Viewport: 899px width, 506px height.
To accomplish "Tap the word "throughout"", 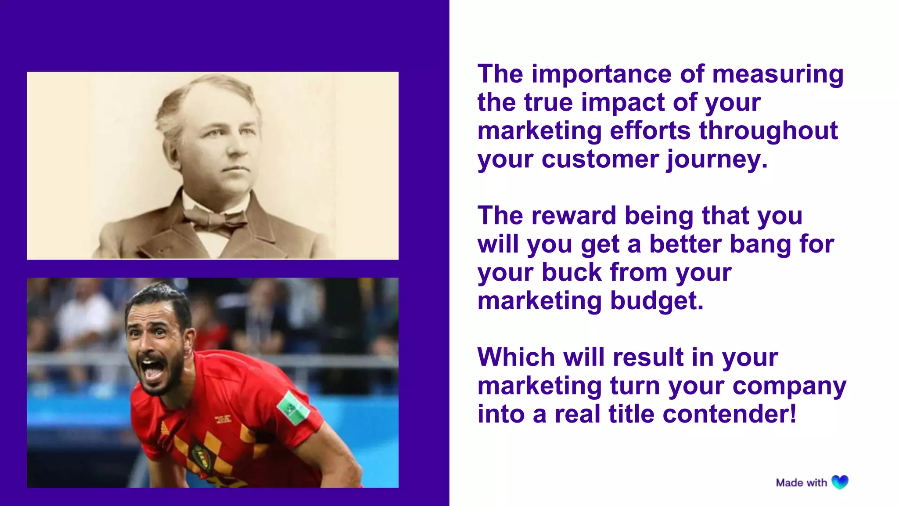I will click(768, 131).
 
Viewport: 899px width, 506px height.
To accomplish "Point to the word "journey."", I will click(717, 160).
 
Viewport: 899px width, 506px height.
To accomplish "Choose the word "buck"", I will click(572, 272).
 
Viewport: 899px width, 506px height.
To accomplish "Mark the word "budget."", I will click(657, 301).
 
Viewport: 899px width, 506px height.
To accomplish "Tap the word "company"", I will click(789, 387).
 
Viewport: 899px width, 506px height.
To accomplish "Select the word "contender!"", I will click(729, 414).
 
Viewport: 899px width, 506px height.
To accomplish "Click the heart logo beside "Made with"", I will click(840, 482).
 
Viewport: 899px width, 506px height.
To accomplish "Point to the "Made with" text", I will click(801, 483).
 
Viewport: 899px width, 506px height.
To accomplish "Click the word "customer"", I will click(600, 159).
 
